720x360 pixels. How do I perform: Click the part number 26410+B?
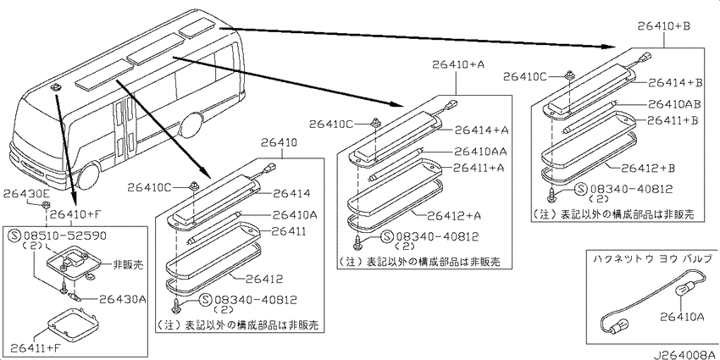pyautogui.click(x=664, y=25)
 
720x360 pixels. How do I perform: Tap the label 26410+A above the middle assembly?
pyautogui.click(x=457, y=64)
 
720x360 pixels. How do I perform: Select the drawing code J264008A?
pyautogui.click(x=685, y=355)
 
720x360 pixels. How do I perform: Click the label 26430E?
pyautogui.click(x=23, y=194)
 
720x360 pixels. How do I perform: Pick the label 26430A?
pyautogui.click(x=123, y=300)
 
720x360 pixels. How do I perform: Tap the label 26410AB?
pyautogui.click(x=674, y=104)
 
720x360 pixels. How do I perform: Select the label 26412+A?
pyautogui.click(x=453, y=215)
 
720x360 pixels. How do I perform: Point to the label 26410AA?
pyautogui.click(x=481, y=151)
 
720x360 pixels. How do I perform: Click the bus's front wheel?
pyautogui.click(x=89, y=175)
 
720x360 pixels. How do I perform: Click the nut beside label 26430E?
pyautogui.click(x=45, y=204)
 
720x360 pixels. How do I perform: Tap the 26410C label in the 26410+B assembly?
pyautogui.click(x=525, y=77)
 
